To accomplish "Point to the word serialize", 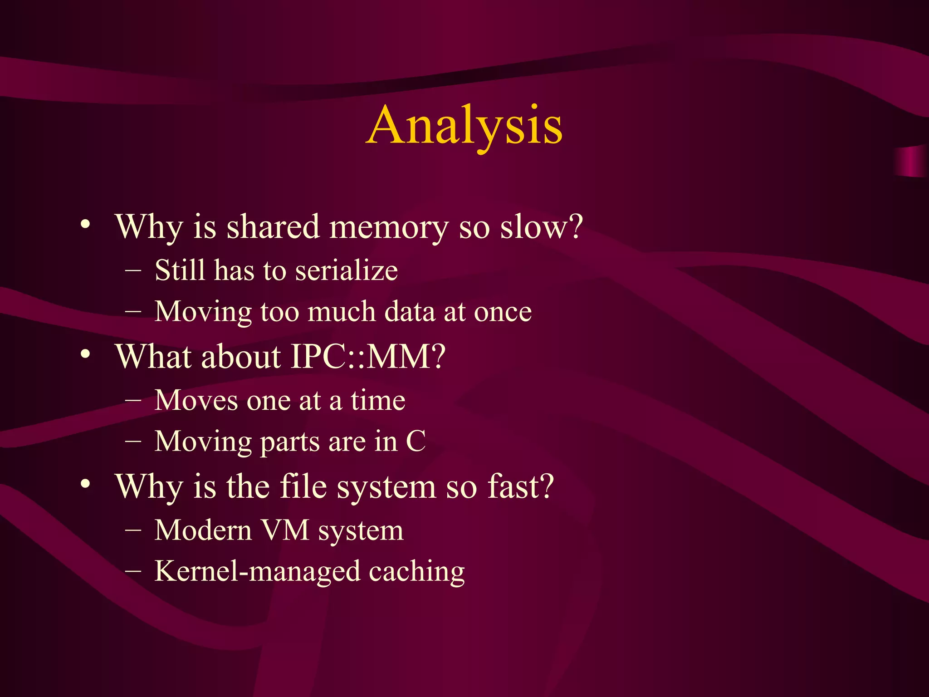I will click(347, 270).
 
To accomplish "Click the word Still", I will click(180, 270).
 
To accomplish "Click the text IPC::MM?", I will click(368, 357).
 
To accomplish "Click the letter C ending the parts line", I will click(416, 442).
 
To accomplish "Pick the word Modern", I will click(203, 530).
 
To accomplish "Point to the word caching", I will click(417, 572).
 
